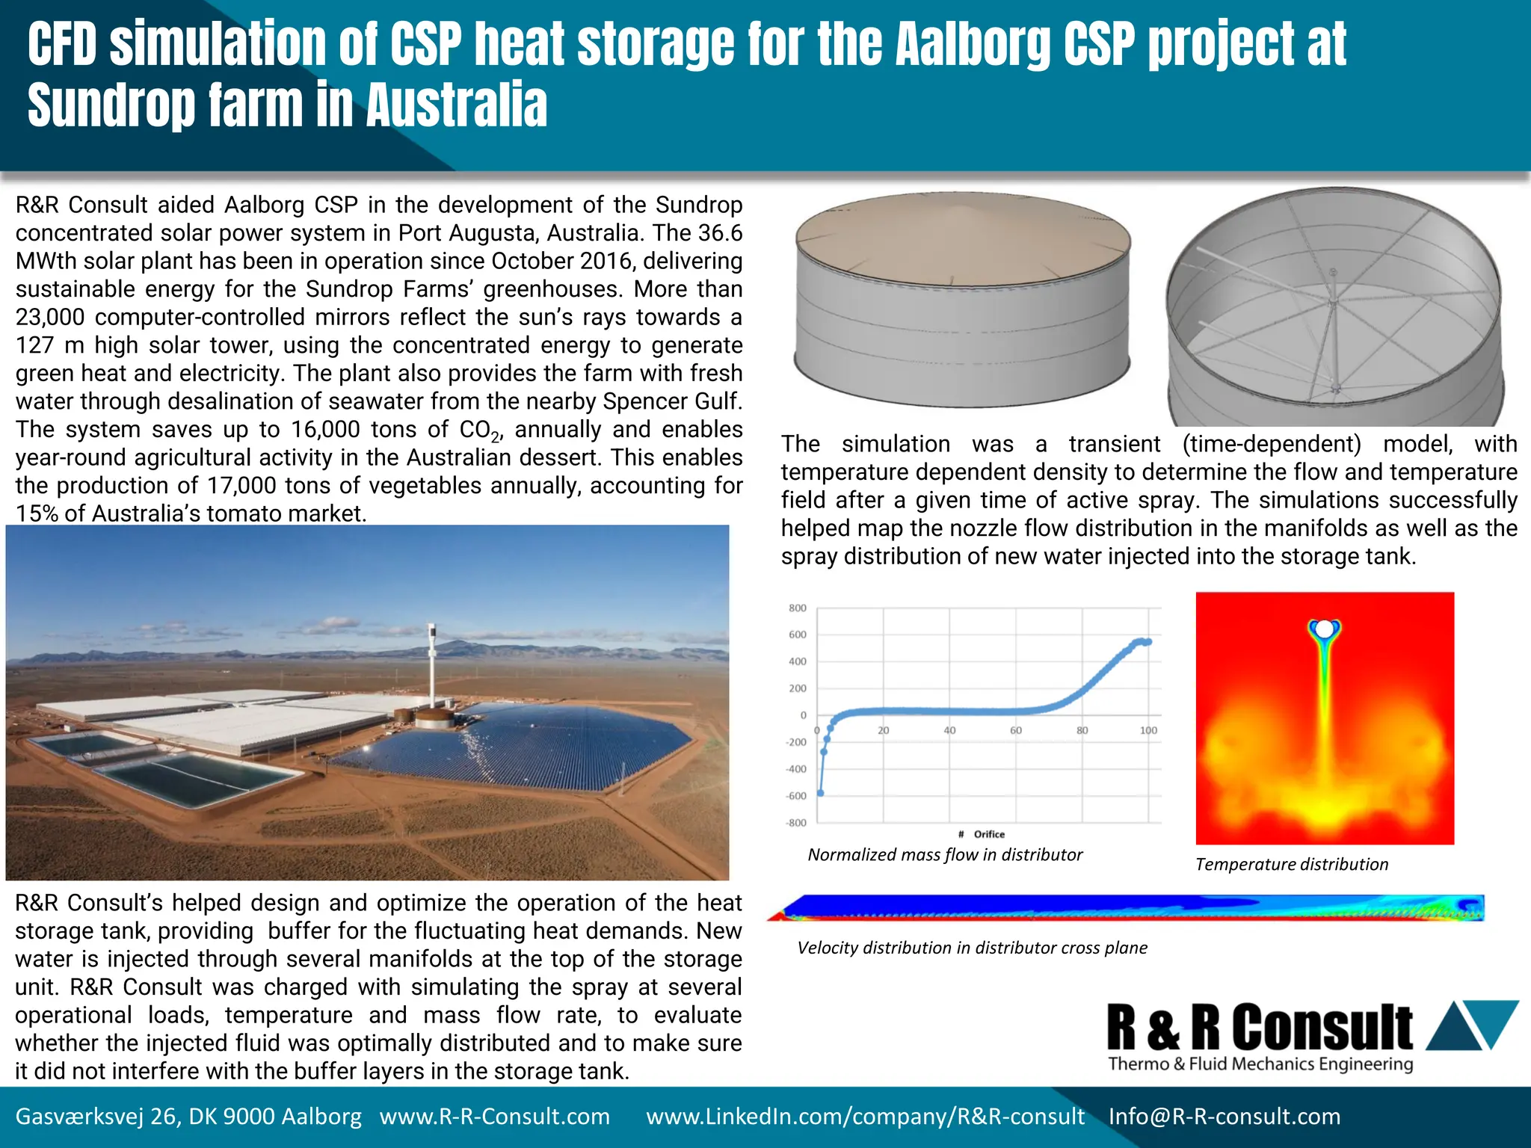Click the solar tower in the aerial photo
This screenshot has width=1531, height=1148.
tap(432, 665)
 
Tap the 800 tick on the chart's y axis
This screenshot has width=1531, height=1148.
tap(798, 608)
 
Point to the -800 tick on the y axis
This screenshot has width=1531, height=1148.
tap(797, 823)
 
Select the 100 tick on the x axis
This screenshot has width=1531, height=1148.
tap(1148, 730)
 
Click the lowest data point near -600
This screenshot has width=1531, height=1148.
tap(820, 793)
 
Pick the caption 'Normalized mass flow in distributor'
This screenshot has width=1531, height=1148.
tap(945, 854)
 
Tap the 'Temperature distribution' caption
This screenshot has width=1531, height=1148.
tap(1291, 864)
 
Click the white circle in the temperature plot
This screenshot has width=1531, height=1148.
tap(1324, 629)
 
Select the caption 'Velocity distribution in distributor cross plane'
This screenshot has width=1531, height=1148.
tap(972, 948)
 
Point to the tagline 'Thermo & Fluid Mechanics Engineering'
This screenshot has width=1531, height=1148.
tap(1260, 1064)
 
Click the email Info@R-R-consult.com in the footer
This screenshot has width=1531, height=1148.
tap(1224, 1117)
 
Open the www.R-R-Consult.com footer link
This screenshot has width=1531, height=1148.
tap(495, 1117)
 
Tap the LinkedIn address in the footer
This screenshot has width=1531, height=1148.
tap(865, 1117)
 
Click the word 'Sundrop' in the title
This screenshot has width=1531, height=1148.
tap(111, 105)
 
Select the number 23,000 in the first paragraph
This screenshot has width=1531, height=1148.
tap(51, 317)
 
